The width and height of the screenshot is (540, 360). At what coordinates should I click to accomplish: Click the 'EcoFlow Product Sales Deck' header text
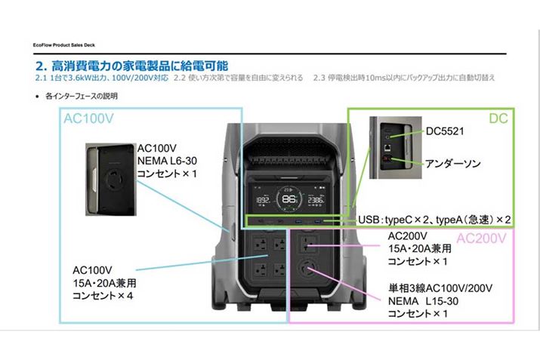[64, 45]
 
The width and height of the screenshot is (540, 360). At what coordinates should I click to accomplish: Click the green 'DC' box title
[498, 118]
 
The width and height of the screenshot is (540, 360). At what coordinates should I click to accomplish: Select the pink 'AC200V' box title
[484, 239]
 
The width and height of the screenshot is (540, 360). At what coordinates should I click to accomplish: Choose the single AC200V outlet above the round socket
[310, 243]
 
